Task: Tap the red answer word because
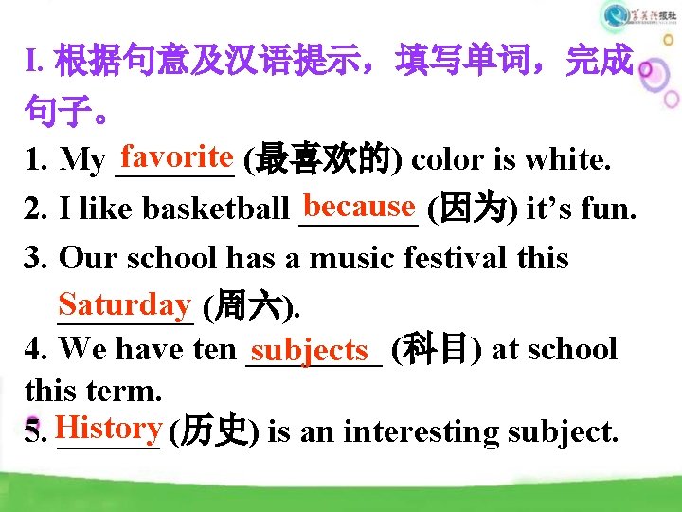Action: (x=360, y=205)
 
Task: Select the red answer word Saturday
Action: (x=124, y=303)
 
